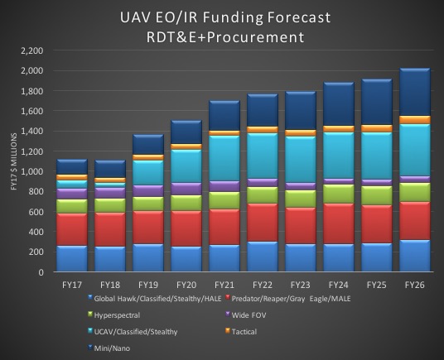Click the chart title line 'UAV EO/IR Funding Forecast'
click(222, 17)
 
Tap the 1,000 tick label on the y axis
click(31, 171)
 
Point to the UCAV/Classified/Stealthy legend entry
click(121, 331)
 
